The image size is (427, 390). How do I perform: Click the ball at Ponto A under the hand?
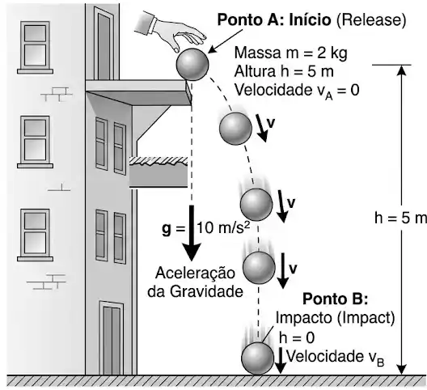point(192,64)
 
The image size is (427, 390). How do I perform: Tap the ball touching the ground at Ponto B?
point(257,358)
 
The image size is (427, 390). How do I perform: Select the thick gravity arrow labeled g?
point(192,233)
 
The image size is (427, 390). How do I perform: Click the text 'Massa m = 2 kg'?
point(290,53)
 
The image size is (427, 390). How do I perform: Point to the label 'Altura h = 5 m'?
point(284,71)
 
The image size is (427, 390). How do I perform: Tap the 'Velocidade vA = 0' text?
point(297,91)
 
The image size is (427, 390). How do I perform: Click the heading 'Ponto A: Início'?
point(274,19)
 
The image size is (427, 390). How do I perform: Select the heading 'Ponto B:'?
point(336,299)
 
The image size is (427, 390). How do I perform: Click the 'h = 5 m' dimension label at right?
point(400,218)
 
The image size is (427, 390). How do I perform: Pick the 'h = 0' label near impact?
point(297,338)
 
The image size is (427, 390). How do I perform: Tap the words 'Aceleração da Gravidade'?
point(195,282)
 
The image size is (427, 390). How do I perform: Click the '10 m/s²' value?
point(222,227)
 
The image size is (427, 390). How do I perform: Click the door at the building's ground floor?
point(112,338)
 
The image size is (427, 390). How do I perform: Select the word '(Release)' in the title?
point(371,20)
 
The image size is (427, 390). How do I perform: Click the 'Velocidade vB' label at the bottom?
point(336,358)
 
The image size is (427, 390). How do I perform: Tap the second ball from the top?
point(235,129)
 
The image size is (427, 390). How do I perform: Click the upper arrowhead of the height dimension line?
point(402,70)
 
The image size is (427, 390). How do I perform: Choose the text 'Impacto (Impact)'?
point(336,318)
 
